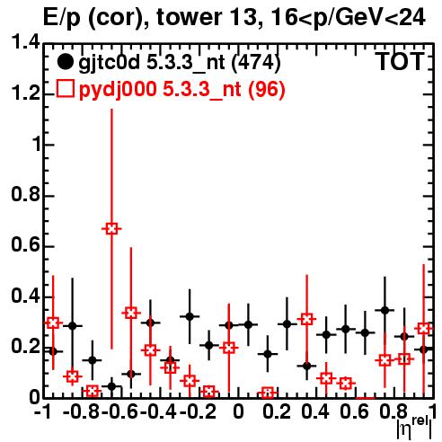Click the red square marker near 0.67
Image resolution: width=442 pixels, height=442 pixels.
click(x=111, y=229)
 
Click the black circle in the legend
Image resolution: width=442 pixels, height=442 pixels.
click(x=65, y=62)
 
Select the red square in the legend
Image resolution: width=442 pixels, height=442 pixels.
click(x=65, y=89)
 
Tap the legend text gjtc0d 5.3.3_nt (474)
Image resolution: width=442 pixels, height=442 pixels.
click(x=180, y=63)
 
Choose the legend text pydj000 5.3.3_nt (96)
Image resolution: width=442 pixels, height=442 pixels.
click(x=181, y=90)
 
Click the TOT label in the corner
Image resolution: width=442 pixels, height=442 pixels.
click(x=401, y=61)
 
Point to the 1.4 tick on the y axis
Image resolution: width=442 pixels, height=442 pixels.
click(x=25, y=42)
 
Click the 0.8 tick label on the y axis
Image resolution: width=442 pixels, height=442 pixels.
click(x=25, y=194)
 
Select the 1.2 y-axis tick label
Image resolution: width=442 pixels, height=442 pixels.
click(x=25, y=93)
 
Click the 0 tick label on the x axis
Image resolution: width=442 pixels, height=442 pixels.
click(x=238, y=411)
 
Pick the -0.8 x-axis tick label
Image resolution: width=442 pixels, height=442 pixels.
click(x=81, y=411)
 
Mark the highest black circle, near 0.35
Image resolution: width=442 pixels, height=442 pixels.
click(x=385, y=310)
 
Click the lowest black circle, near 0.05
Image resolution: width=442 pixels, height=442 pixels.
click(x=111, y=386)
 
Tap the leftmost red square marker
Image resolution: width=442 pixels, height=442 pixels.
click(x=53, y=323)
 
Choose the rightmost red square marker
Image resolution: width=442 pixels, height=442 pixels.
click(x=423, y=329)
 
